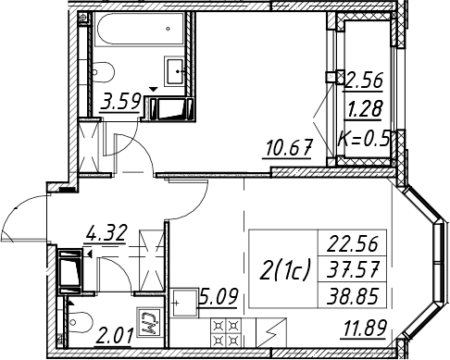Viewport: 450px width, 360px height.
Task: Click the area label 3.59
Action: click(x=120, y=102)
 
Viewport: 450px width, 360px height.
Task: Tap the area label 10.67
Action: click(x=289, y=148)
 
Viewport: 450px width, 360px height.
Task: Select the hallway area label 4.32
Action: click(x=106, y=233)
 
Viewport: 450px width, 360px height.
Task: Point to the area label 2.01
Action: click(x=114, y=336)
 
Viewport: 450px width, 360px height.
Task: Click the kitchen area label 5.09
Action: click(x=219, y=297)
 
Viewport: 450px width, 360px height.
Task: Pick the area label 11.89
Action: click(x=365, y=329)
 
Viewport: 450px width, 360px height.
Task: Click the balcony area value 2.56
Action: click(x=364, y=81)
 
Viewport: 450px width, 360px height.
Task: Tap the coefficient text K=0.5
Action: click(x=363, y=140)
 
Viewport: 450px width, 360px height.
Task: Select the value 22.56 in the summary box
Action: click(x=352, y=243)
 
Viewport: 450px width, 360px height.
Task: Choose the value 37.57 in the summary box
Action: click(x=352, y=269)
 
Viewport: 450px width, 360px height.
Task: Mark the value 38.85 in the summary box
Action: click(x=352, y=296)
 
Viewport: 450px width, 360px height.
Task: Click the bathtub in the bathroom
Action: click(x=140, y=30)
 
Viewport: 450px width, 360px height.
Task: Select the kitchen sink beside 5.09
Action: click(x=184, y=303)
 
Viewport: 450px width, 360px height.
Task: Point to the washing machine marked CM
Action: click(x=150, y=322)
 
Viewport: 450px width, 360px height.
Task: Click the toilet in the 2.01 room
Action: click(x=80, y=322)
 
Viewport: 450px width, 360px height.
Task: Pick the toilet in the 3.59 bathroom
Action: click(x=104, y=72)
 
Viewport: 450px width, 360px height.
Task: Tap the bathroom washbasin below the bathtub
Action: click(x=175, y=71)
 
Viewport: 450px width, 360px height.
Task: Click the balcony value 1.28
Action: click(x=364, y=108)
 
